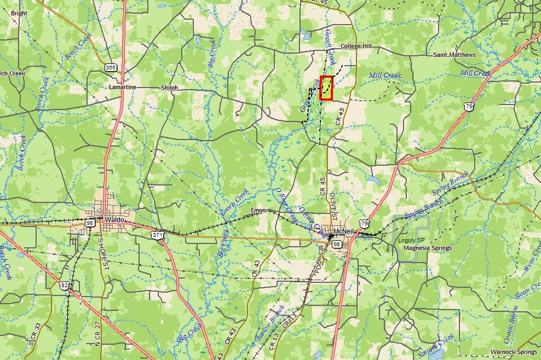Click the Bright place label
19,13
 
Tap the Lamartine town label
122,87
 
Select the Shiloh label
169,88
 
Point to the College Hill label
356,47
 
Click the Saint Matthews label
454,55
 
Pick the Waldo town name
115,219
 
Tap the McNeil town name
345,230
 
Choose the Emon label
258,211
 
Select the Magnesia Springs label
427,248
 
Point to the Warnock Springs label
514,351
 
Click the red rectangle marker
326,88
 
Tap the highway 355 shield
111,67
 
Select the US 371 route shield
158,235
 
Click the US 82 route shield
65,285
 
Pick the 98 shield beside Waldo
90,223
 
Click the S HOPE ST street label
100,253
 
